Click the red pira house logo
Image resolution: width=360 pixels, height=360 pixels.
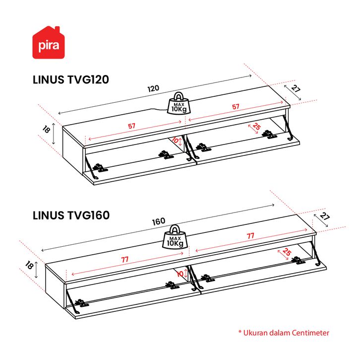(x=49, y=43)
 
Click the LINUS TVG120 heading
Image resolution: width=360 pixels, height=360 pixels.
(x=71, y=80)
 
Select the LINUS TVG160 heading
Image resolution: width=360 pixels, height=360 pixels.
(x=71, y=216)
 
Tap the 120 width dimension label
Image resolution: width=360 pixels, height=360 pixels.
(x=153, y=88)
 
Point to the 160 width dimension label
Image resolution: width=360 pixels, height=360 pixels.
(x=159, y=221)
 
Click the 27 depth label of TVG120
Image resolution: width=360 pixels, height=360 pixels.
(x=296, y=88)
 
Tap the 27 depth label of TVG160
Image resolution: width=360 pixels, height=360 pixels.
(x=325, y=216)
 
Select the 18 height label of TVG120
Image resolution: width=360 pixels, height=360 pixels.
(x=46, y=130)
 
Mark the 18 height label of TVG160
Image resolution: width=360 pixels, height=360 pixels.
(x=29, y=265)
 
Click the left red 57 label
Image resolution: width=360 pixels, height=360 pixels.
(x=131, y=126)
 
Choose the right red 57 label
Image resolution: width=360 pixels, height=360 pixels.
(x=236, y=107)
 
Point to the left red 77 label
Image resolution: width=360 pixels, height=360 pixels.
(x=125, y=260)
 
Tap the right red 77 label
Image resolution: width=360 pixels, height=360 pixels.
(x=250, y=236)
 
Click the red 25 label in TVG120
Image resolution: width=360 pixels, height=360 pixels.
(x=256, y=126)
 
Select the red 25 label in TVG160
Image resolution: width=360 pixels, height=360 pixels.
(x=287, y=252)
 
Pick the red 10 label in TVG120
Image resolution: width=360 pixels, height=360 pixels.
(x=175, y=140)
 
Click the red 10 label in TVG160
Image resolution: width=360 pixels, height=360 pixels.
(x=180, y=274)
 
